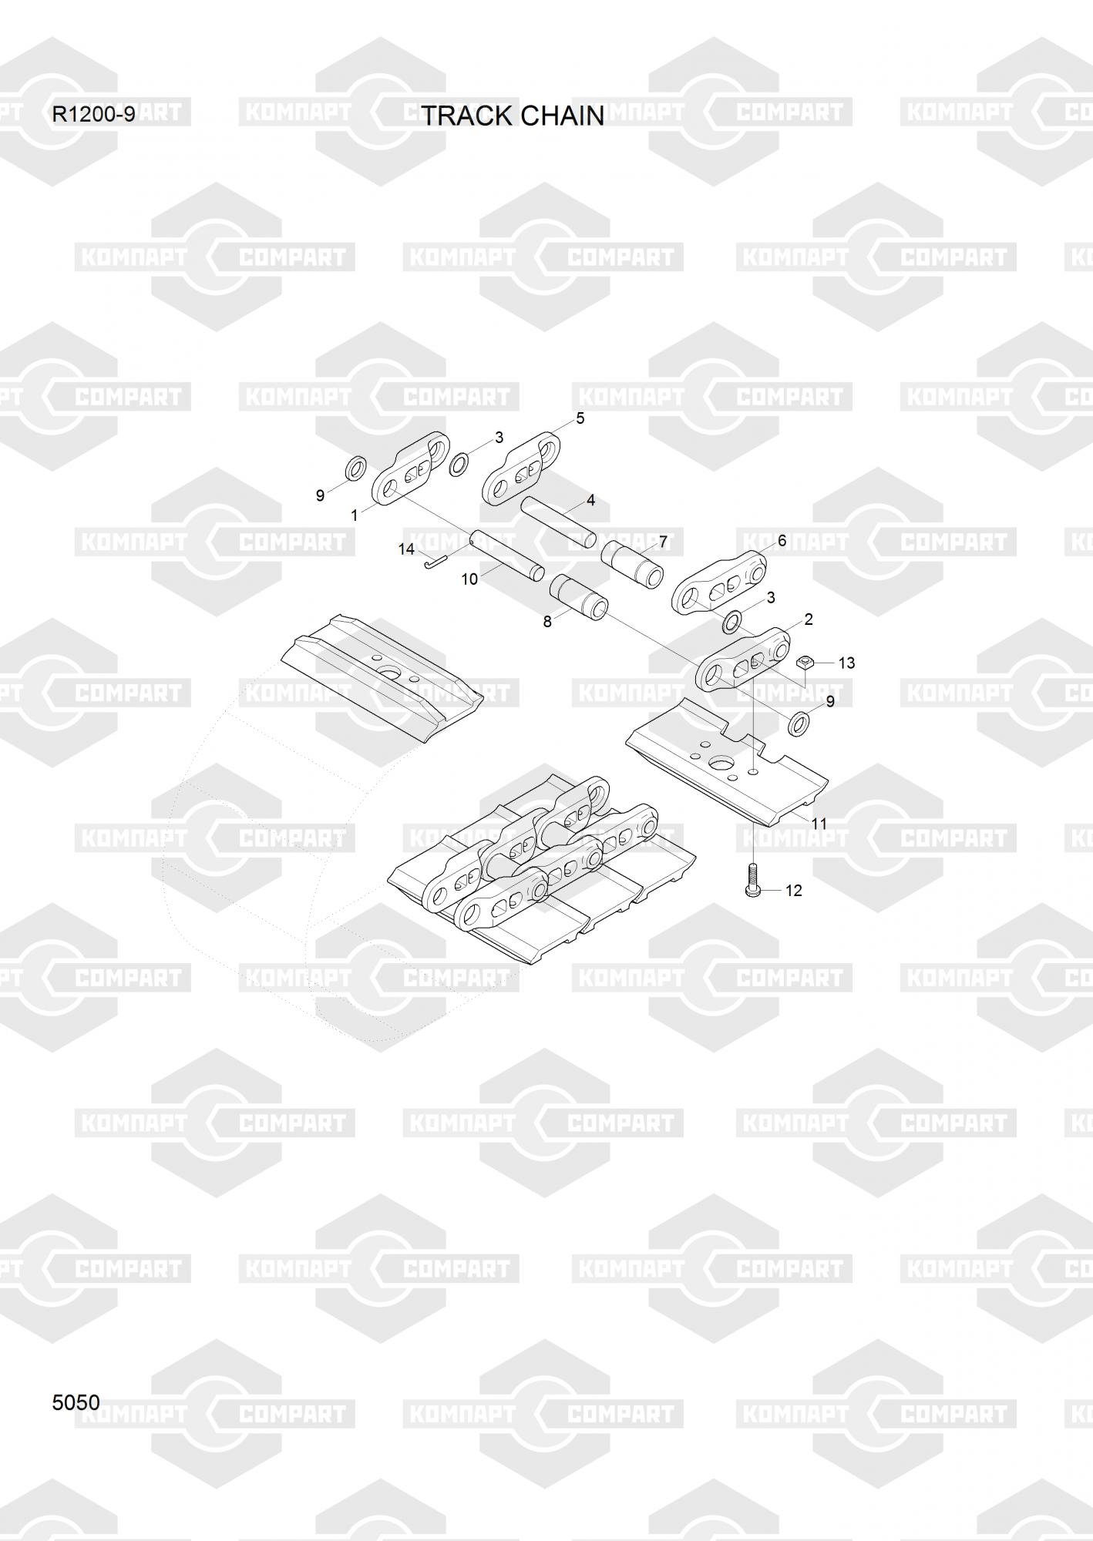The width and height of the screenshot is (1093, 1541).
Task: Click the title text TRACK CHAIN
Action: coord(513,116)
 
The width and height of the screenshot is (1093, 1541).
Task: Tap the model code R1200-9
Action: coord(93,115)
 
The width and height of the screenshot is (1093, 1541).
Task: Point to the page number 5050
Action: coord(76,1402)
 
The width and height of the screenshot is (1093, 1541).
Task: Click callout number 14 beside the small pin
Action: coord(406,549)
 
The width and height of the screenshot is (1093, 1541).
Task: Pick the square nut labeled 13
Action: coord(805,661)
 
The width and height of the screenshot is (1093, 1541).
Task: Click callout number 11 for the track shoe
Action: coord(819,824)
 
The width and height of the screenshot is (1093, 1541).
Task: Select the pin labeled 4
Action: coord(557,522)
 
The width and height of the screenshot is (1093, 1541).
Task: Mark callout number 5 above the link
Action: coord(580,418)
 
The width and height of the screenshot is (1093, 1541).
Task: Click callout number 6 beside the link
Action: coord(782,541)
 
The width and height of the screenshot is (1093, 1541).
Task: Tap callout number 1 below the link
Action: coord(354,515)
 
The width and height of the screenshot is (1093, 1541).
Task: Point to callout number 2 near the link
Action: coord(809,619)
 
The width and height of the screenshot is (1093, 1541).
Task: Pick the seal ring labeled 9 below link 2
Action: coord(799,723)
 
